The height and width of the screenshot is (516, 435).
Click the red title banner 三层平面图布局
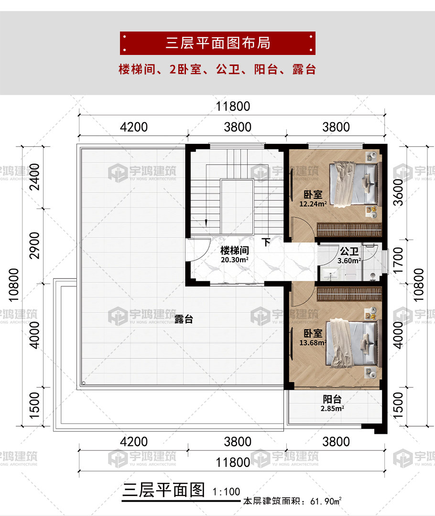pyautogui.click(x=217, y=43)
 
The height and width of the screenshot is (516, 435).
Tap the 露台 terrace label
pyautogui.click(x=184, y=320)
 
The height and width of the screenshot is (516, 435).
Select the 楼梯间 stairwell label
pyautogui.click(x=234, y=250)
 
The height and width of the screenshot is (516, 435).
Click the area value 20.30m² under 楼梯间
pyautogui.click(x=234, y=260)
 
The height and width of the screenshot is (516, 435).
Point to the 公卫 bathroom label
pyautogui.click(x=349, y=251)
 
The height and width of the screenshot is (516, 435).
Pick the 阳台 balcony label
pyautogui.click(x=332, y=399)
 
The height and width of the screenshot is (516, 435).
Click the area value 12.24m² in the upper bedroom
pyautogui.click(x=313, y=204)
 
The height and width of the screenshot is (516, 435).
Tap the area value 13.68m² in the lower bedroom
pyautogui.click(x=314, y=342)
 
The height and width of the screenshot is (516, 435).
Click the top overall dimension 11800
pyautogui.click(x=232, y=107)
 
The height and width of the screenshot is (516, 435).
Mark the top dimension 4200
pyautogui.click(x=133, y=128)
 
